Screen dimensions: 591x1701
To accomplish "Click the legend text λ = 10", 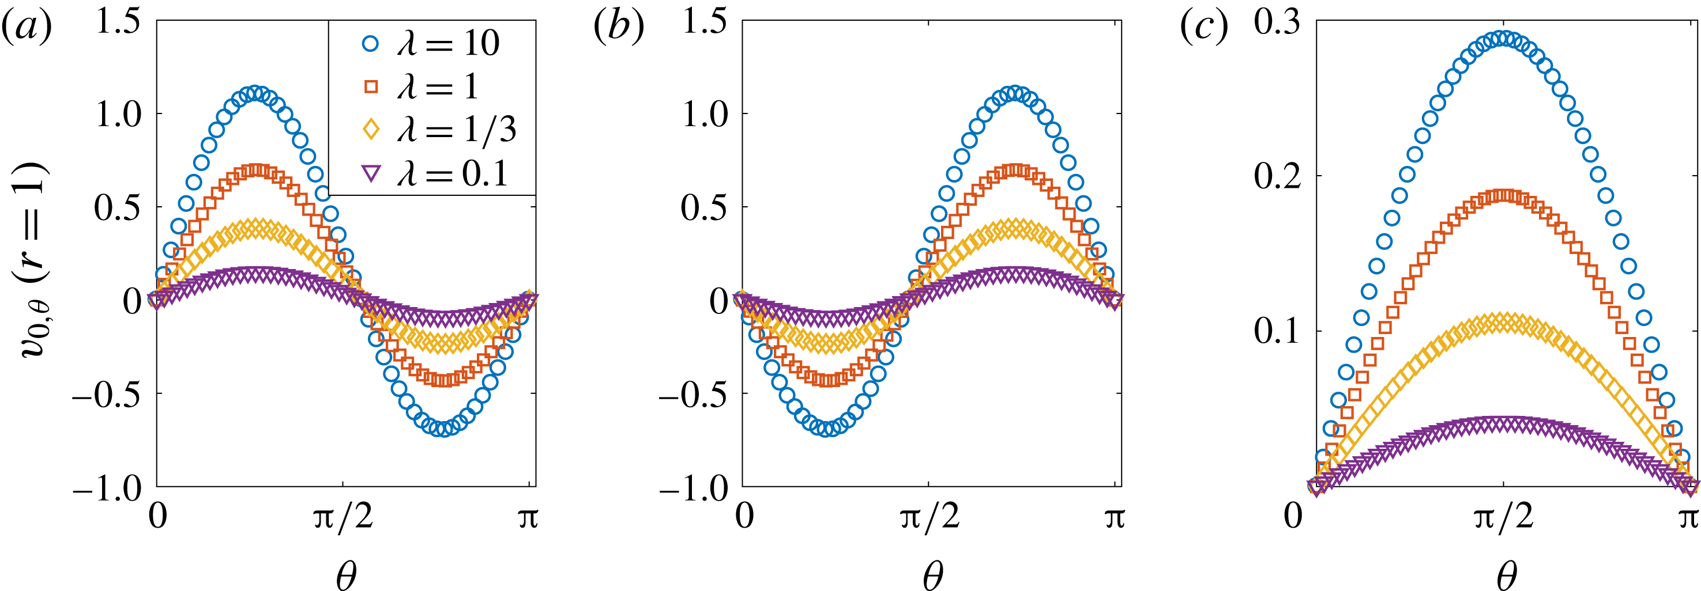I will coord(447,44).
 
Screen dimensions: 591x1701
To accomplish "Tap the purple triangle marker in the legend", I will coord(371,173).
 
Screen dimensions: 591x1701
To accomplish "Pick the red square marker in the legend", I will coord(371,86).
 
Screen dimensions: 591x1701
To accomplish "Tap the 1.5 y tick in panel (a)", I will coord(119,21).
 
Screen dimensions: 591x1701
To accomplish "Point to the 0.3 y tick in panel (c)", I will coord(1277,21).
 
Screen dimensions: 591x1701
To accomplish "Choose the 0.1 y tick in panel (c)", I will coord(1277,331).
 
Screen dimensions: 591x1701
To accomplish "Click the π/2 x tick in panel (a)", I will coord(342,517).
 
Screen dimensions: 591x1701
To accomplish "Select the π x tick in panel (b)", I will coord(1115,517).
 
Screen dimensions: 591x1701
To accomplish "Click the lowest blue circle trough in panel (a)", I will coord(444,429).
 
